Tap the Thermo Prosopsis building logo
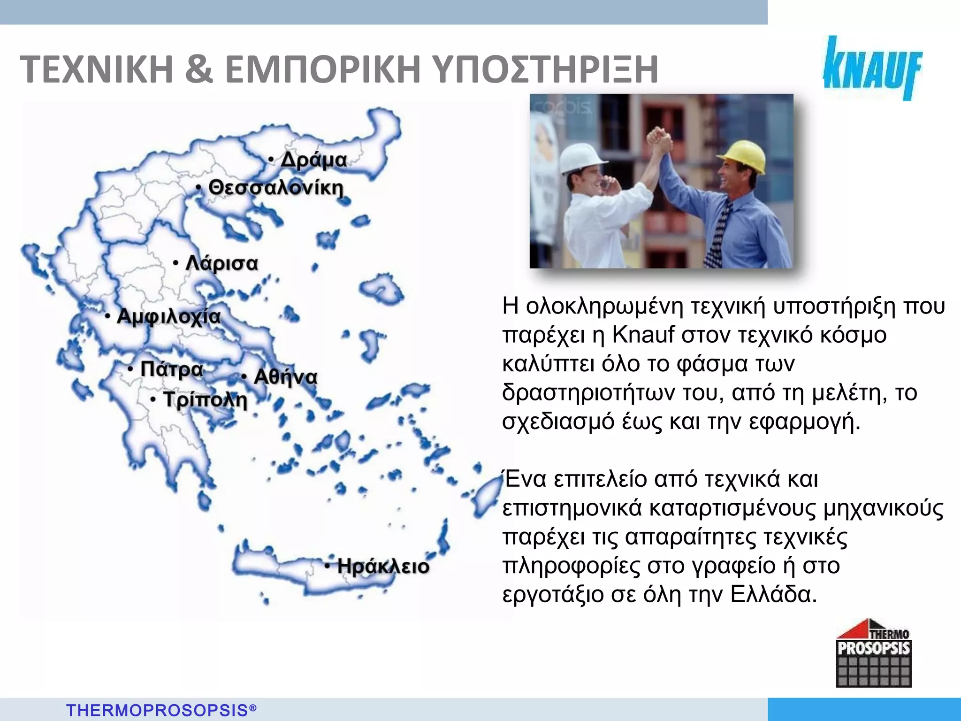point(873,654)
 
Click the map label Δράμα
point(313,161)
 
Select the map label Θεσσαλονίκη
point(275,188)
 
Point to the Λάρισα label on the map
point(221,263)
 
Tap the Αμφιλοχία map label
point(168,316)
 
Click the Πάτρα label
point(172,369)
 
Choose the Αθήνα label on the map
point(285,377)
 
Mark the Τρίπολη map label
point(205,400)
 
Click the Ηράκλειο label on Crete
point(383,566)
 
